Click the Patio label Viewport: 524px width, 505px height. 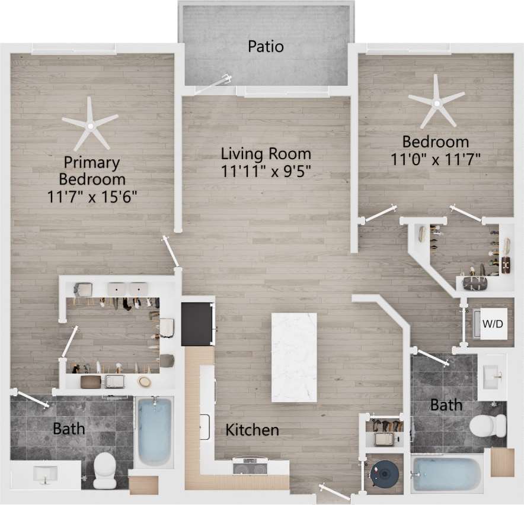point(266,46)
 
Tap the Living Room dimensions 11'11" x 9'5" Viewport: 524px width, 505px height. point(266,171)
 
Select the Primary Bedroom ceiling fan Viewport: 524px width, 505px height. point(90,125)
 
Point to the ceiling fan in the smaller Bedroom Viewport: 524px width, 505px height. point(437,104)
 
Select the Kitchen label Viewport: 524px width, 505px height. point(252,430)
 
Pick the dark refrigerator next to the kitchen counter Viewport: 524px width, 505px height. point(197,323)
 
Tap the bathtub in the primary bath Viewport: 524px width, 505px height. point(155,430)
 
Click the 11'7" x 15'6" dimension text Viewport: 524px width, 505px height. point(92,196)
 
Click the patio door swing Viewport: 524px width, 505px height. point(212,85)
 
